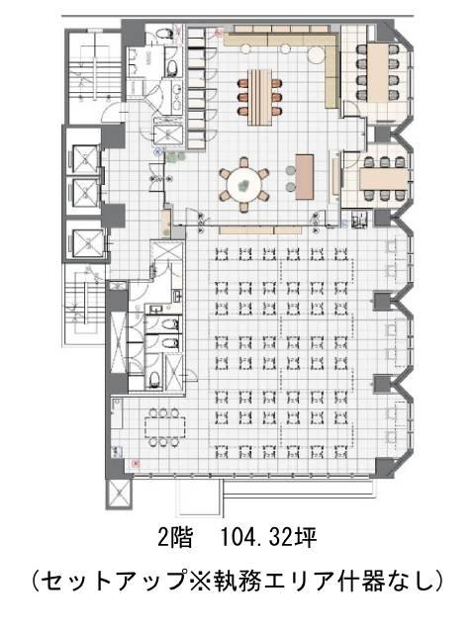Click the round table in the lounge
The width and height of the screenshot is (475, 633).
(243, 185)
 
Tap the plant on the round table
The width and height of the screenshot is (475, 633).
(243, 186)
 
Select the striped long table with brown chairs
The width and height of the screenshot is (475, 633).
(260, 97)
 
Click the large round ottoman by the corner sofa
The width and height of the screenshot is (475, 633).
(317, 55)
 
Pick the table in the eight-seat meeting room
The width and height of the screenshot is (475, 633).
(378, 72)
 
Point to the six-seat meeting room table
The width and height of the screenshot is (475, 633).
(384, 178)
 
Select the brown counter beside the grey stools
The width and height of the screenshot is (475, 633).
(305, 176)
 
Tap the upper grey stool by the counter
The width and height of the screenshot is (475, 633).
(291, 170)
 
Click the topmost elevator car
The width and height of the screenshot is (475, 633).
(85, 159)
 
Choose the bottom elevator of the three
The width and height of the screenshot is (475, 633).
(88, 243)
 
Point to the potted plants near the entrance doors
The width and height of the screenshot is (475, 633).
(176, 156)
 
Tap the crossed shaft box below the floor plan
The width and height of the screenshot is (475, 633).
(119, 494)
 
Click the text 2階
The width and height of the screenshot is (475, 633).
(174, 537)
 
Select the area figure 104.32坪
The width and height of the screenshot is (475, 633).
(267, 537)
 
